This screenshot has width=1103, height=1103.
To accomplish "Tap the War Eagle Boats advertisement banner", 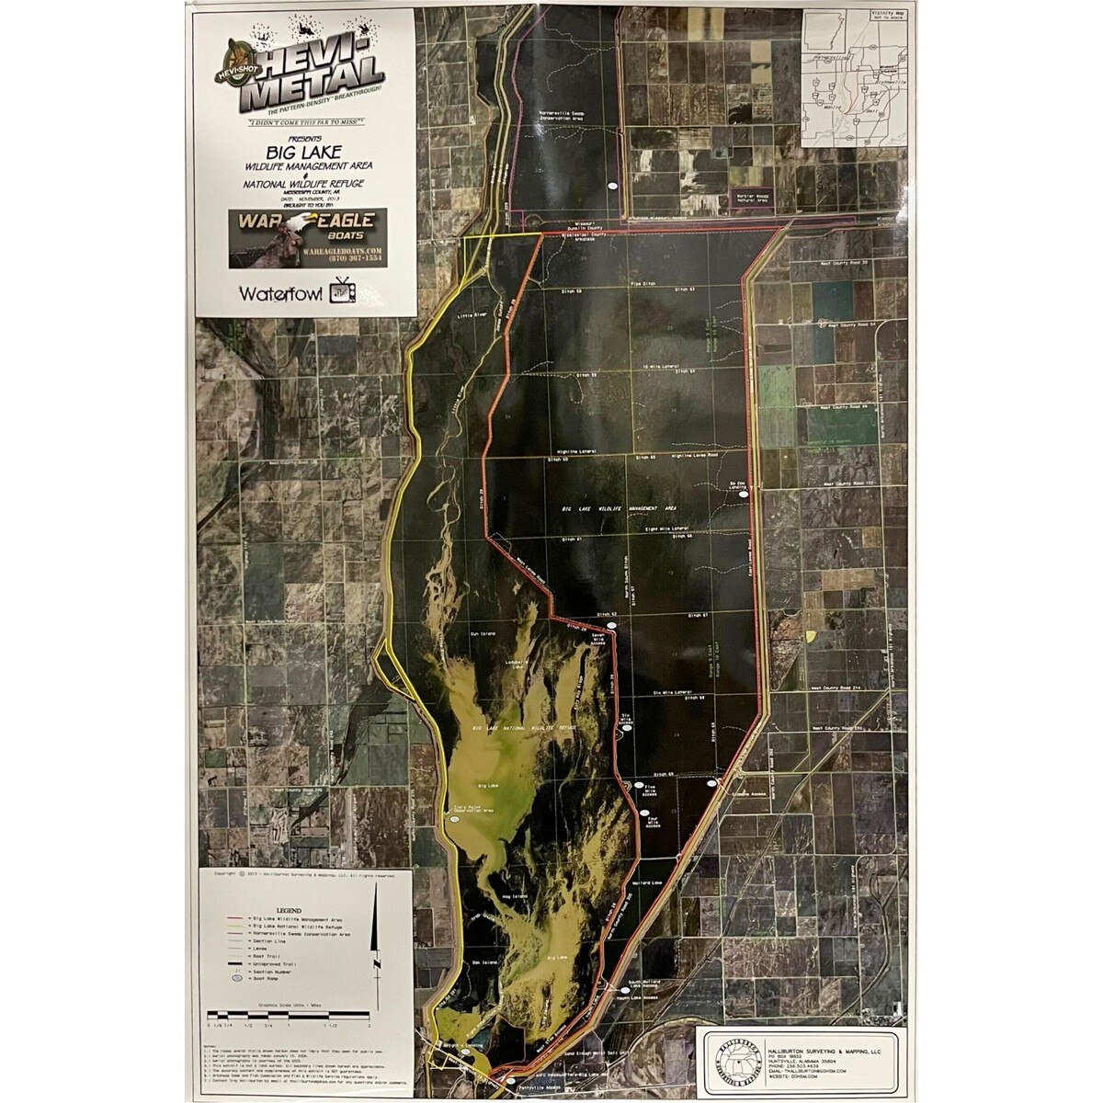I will click(x=307, y=237).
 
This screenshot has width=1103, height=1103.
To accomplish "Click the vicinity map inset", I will click(x=854, y=77).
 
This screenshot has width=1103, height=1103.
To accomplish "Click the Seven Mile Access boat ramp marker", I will click(x=611, y=625).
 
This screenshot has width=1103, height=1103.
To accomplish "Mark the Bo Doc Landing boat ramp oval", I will click(x=744, y=494).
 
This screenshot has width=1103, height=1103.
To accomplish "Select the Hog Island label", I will click(x=513, y=896).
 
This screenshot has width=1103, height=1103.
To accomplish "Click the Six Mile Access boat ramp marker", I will click(x=629, y=732).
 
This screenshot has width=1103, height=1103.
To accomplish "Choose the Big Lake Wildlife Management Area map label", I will click(x=619, y=507).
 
